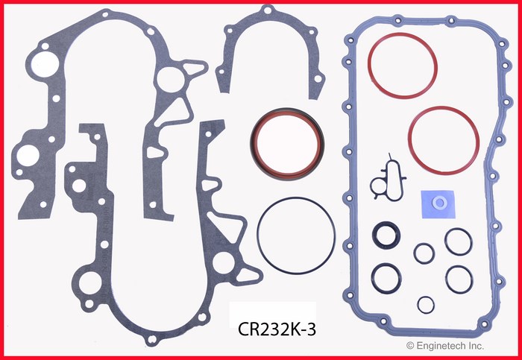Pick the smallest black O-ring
[x=425, y=304]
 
